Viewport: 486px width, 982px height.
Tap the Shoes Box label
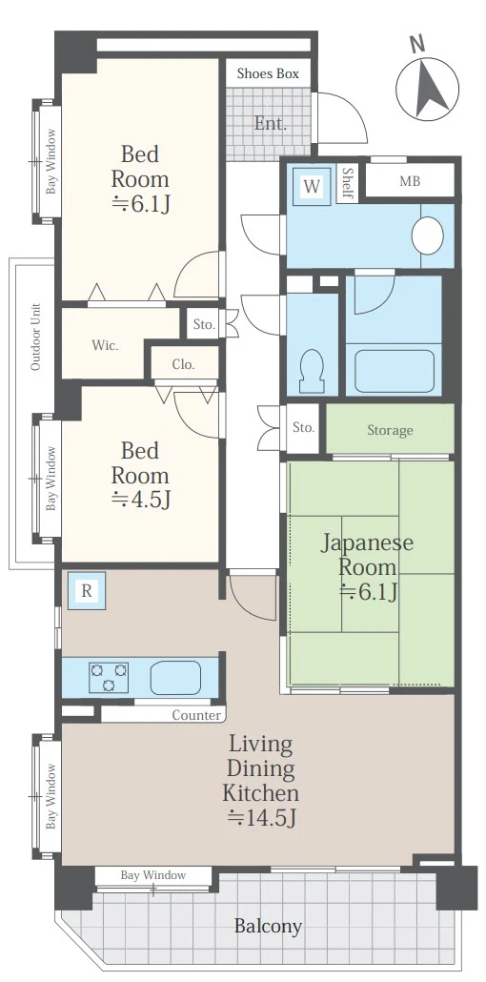(x=268, y=73)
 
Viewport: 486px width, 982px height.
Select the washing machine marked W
(x=312, y=186)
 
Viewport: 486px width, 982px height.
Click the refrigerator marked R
(x=87, y=591)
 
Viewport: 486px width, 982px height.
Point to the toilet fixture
(x=312, y=370)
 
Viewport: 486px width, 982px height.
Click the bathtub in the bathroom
(x=394, y=370)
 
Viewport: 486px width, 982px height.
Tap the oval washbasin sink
(x=428, y=235)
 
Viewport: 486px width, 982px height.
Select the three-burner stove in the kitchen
(x=109, y=677)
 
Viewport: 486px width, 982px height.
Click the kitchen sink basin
(x=175, y=677)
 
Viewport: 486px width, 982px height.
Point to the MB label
(x=410, y=181)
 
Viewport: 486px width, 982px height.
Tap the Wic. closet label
(x=105, y=344)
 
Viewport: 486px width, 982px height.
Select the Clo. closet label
(x=184, y=364)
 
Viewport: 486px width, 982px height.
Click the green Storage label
(x=390, y=430)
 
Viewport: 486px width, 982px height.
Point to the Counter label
(x=196, y=715)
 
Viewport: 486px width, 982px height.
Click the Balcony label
(x=268, y=926)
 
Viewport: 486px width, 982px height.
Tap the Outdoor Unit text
(x=35, y=337)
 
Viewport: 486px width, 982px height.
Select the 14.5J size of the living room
(x=261, y=817)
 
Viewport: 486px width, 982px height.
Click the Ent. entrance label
(x=270, y=123)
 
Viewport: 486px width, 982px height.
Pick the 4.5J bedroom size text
(x=140, y=500)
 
